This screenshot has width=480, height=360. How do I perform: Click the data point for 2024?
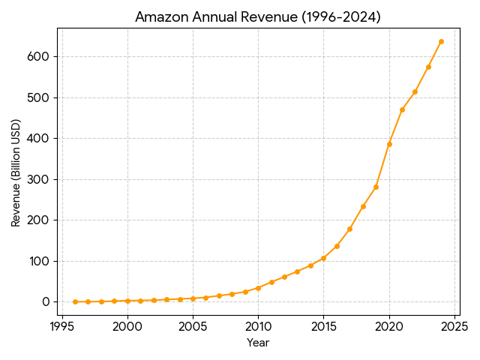441,41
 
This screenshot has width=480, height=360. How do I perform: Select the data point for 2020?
389,144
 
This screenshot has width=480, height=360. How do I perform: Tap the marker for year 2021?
402,109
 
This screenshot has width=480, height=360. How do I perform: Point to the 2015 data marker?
323,258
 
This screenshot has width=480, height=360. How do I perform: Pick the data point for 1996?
75,301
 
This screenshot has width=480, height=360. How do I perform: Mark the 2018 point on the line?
363,206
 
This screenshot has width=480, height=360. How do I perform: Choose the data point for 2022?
415,91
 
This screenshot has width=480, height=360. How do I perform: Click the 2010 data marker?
258,288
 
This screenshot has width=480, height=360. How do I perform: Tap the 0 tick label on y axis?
45,302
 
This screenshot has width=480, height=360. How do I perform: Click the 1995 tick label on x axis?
62,326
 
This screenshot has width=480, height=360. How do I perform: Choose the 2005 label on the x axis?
193,326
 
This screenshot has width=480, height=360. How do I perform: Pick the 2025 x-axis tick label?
454,326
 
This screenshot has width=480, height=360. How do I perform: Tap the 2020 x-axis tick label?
389,326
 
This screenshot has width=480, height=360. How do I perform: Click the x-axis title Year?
258,343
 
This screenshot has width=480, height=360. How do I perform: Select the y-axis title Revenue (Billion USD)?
16,172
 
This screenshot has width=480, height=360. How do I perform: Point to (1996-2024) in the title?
341,17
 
